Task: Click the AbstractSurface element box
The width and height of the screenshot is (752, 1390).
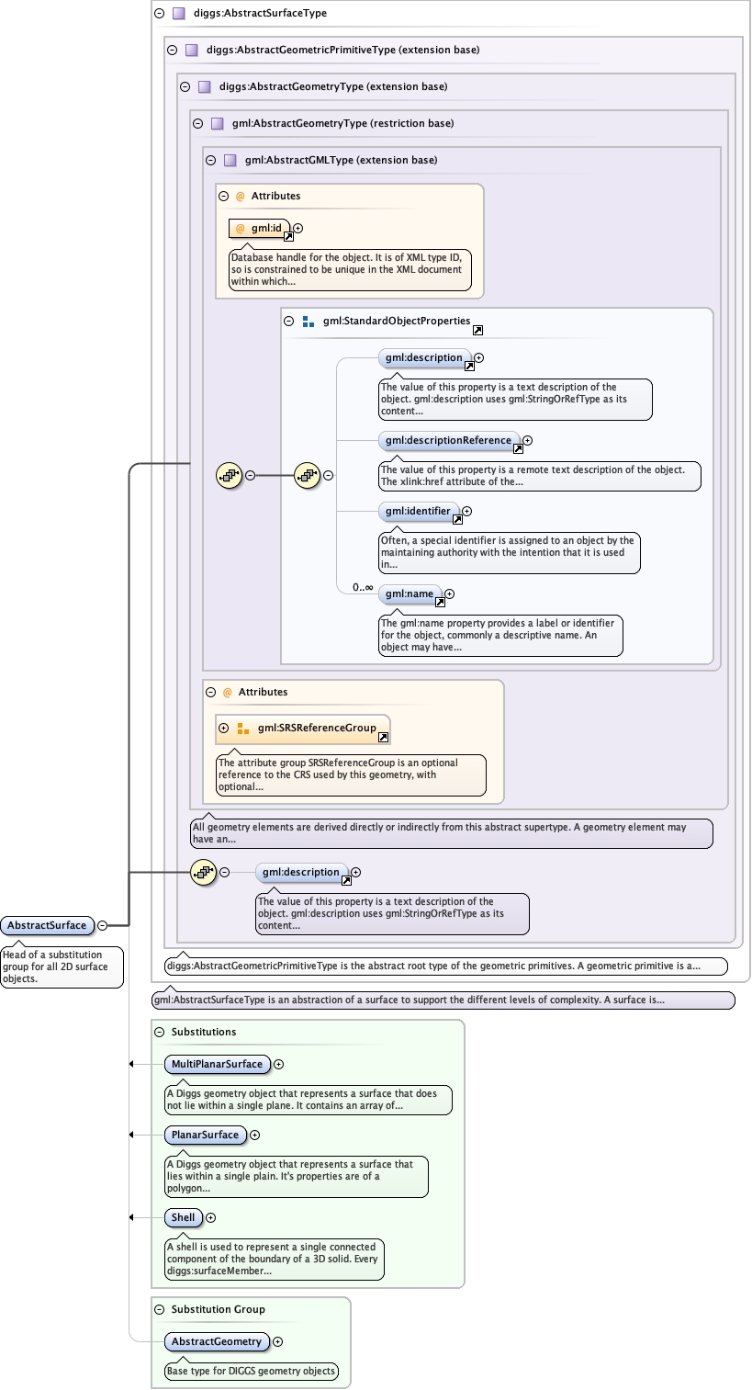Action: pos(47,925)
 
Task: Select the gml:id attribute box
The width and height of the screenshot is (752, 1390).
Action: pos(260,228)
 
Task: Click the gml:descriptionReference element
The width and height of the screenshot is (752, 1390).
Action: pos(448,441)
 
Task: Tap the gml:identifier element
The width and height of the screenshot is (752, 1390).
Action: pos(418,511)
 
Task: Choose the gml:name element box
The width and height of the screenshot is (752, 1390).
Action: pos(410,594)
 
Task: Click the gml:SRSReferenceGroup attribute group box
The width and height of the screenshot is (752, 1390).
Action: pos(303,729)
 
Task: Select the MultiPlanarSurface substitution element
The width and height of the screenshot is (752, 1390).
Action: pos(217,1065)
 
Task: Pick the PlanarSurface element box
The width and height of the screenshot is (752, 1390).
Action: pos(205,1136)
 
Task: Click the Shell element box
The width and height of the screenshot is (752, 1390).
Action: pos(184,1218)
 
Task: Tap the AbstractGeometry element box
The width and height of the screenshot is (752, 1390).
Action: pos(217,1342)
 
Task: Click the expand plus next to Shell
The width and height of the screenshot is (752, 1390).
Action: pos(211,1218)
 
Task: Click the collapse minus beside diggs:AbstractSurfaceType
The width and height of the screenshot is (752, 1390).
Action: pos(159,14)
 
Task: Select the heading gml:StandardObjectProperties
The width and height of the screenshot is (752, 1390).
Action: pos(396,322)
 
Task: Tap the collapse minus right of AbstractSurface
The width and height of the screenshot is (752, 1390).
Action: pos(103,926)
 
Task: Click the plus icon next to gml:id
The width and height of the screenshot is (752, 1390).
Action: pos(297,229)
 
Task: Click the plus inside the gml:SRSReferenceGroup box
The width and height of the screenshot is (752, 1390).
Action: pos(224,729)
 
